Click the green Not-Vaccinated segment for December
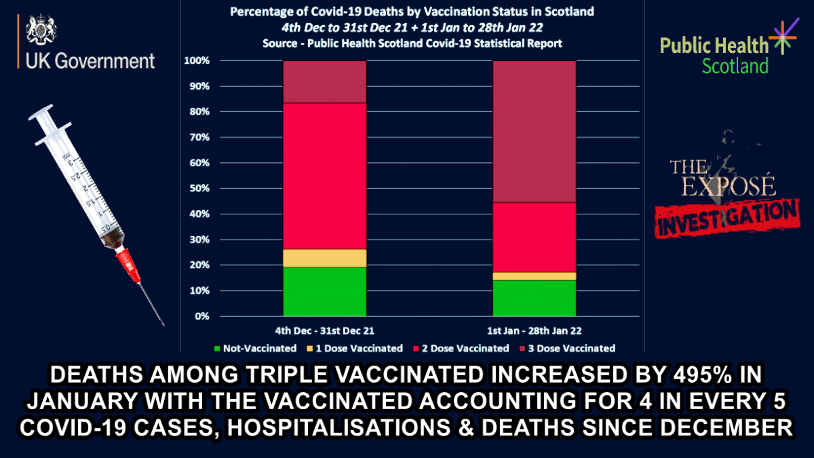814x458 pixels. coord(325,291)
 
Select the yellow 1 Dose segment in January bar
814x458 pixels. coord(535,276)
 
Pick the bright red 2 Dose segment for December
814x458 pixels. coord(325,176)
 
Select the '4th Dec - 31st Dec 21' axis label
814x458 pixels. coord(325,330)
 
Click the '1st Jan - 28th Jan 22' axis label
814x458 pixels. coord(535,330)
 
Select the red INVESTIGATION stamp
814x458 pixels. coord(726,216)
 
